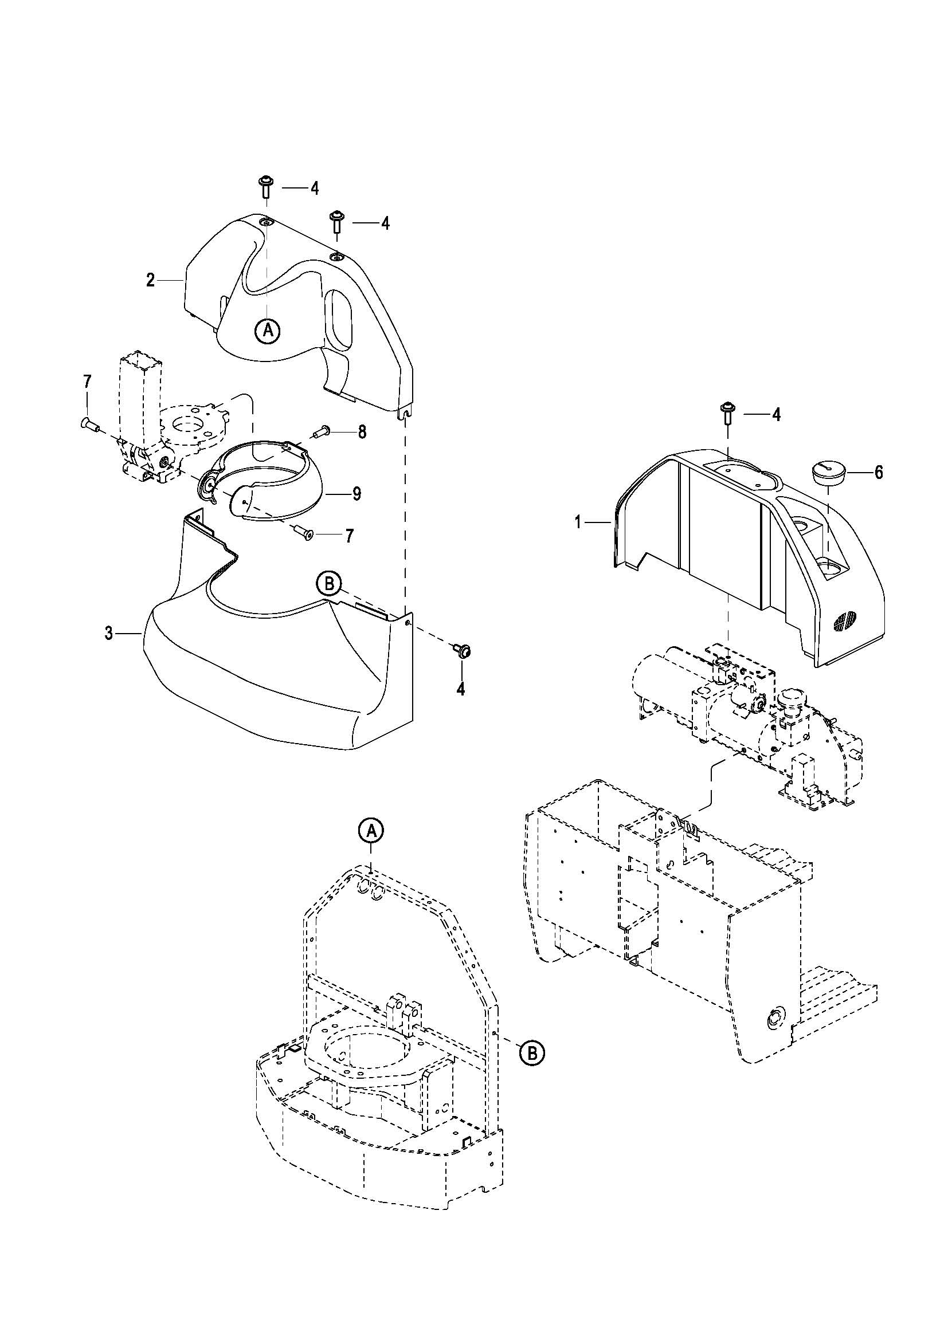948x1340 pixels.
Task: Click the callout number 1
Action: click(578, 522)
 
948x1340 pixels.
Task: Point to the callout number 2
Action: click(151, 280)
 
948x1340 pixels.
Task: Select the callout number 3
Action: click(109, 633)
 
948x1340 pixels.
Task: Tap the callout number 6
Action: click(879, 472)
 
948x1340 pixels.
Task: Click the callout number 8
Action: click(362, 432)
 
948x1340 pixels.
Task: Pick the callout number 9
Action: click(357, 494)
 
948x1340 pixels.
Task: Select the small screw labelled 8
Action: click(322, 433)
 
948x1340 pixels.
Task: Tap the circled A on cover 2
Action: click(268, 331)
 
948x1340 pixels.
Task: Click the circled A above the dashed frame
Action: click(372, 830)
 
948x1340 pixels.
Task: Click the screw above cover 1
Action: click(728, 414)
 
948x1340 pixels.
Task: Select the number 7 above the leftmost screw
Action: click(87, 382)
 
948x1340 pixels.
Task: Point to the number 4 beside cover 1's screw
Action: click(776, 414)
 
